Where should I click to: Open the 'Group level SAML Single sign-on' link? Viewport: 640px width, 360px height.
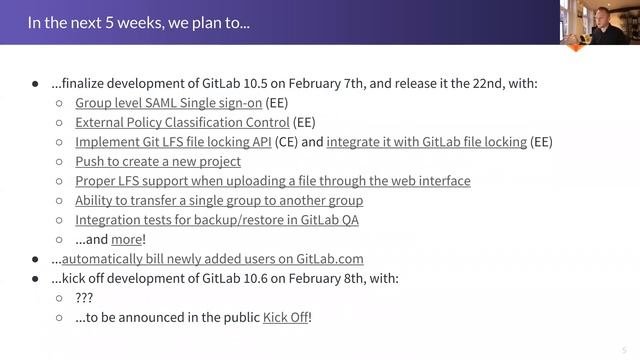point(168,103)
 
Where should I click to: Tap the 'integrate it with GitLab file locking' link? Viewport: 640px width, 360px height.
point(426,142)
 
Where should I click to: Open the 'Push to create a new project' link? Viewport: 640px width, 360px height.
point(158,161)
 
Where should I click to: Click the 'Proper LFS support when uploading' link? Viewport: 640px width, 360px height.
point(272,181)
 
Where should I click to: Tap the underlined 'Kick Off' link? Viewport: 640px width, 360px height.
point(285,317)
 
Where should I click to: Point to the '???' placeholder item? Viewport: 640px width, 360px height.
point(86,298)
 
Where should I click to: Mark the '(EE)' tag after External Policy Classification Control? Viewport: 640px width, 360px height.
point(304,123)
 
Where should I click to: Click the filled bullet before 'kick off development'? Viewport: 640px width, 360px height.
point(36,278)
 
